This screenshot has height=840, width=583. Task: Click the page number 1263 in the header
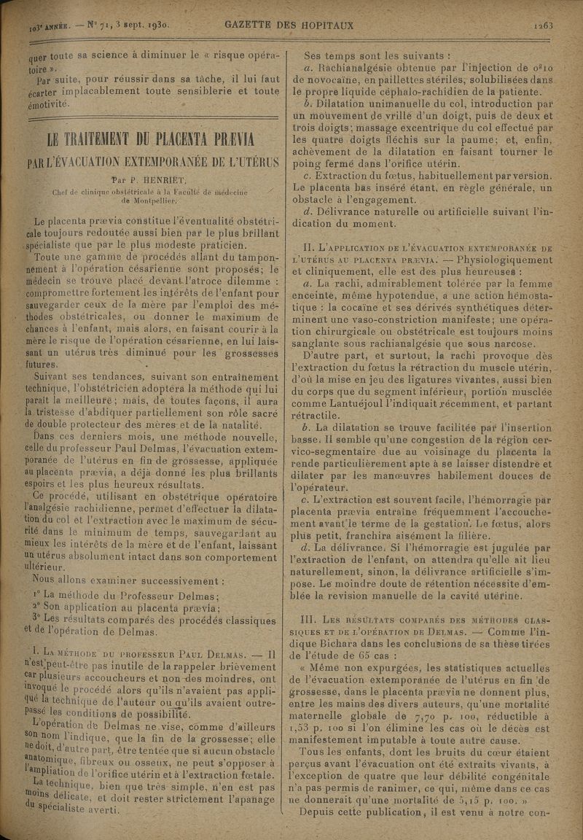pyautogui.click(x=543, y=26)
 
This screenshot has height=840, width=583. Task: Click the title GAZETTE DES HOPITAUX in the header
pyautogui.click(x=289, y=26)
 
